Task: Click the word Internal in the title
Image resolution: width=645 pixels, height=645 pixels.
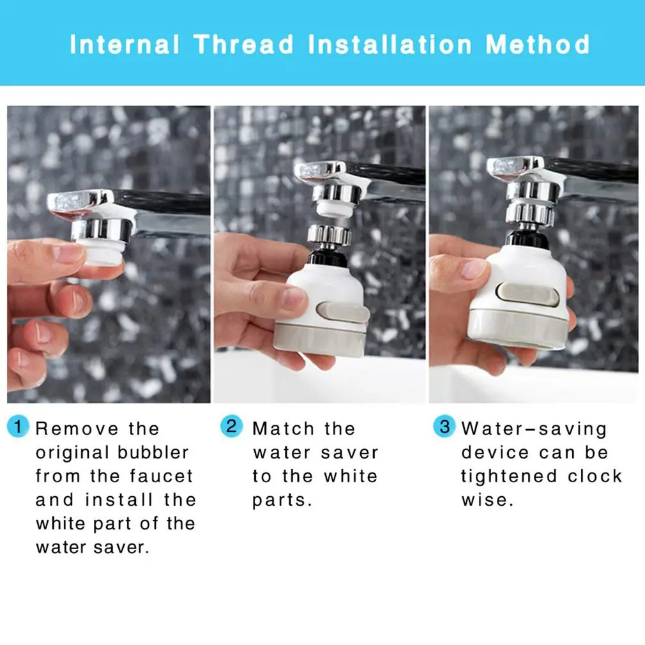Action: [125, 45]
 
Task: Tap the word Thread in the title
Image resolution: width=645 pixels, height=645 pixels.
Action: [244, 45]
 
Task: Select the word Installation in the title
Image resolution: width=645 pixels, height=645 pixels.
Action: [390, 45]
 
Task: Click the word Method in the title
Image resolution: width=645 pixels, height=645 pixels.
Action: [538, 45]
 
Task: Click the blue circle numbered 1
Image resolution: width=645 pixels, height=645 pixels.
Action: [18, 426]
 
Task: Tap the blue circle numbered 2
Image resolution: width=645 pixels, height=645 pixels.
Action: [232, 426]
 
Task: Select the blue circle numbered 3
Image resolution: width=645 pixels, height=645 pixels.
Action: [444, 426]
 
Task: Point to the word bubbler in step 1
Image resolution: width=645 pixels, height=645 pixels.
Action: [153, 453]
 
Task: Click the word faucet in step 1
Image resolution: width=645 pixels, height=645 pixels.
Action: [161, 476]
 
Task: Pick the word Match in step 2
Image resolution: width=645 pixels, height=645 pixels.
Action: [284, 429]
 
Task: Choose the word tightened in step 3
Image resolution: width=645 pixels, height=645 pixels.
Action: [509, 476]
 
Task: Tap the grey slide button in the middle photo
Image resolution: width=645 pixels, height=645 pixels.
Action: [343, 313]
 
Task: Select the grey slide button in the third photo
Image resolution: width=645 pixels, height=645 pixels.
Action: [527, 295]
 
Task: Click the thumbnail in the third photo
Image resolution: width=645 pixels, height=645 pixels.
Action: [473, 269]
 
